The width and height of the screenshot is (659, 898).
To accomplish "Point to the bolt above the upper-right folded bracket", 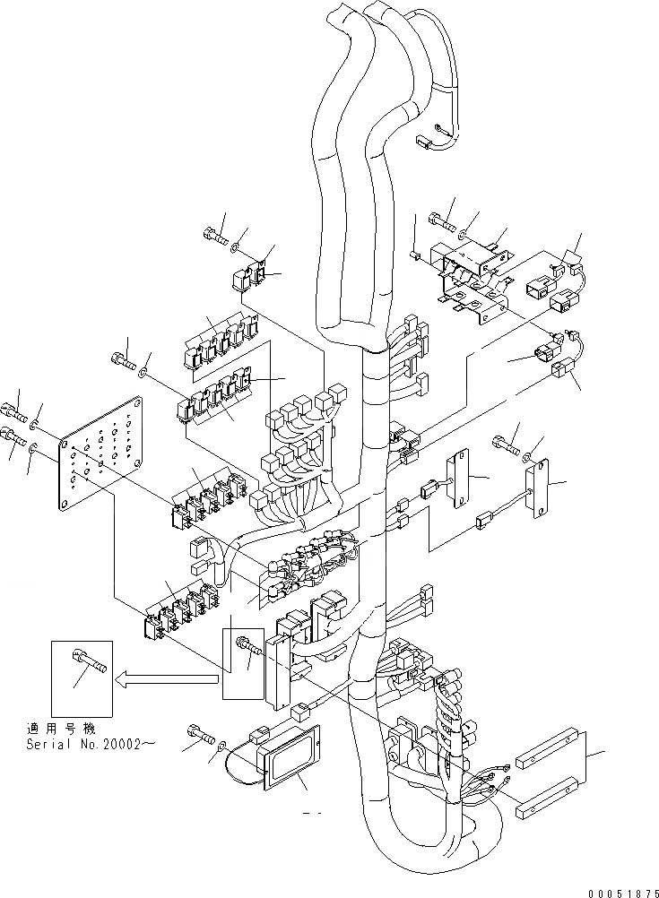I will (x=442, y=218).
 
